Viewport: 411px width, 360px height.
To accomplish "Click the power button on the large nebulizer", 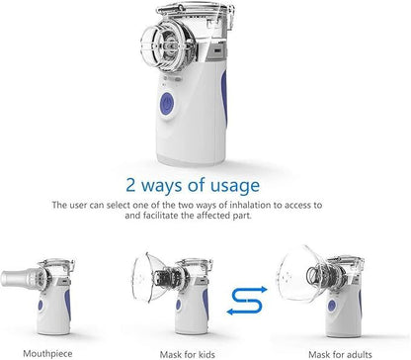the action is (167, 104).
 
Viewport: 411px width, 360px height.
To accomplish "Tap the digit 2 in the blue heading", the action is (130, 185).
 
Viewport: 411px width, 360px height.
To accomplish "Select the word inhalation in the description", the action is (251, 205).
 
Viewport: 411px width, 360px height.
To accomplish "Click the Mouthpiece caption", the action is (47, 354).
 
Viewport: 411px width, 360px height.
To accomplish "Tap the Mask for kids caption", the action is (188, 355).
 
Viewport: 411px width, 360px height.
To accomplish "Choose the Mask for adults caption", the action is (340, 355).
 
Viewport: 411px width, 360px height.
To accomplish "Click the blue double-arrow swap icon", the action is (247, 300).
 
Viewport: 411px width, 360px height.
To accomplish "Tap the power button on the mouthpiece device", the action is (41, 306).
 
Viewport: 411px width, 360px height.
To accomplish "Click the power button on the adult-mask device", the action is (332, 306).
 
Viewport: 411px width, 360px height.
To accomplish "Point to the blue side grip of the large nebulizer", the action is (224, 95).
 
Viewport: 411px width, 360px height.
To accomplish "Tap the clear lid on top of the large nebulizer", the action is (195, 10).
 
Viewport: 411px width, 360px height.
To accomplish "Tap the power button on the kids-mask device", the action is (178, 305).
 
